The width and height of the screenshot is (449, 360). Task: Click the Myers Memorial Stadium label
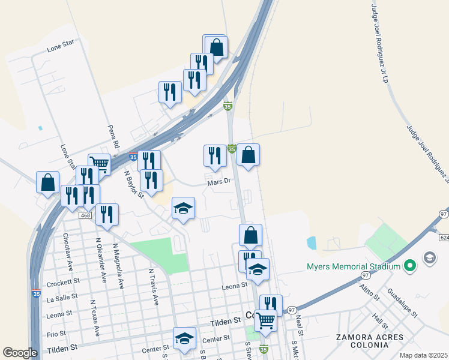[354, 267]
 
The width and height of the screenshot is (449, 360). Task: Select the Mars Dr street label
[219, 182]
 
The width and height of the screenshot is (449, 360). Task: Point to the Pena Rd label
[112, 136]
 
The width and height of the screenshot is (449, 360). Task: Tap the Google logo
[20, 353]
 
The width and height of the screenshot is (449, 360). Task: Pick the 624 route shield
[444, 238]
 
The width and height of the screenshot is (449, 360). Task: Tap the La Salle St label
[59, 297]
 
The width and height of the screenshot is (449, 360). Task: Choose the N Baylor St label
[134, 183]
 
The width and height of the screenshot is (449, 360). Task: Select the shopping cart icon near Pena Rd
[99, 163]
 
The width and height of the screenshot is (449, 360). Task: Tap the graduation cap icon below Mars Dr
[184, 208]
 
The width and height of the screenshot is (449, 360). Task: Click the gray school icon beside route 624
[430, 258]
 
